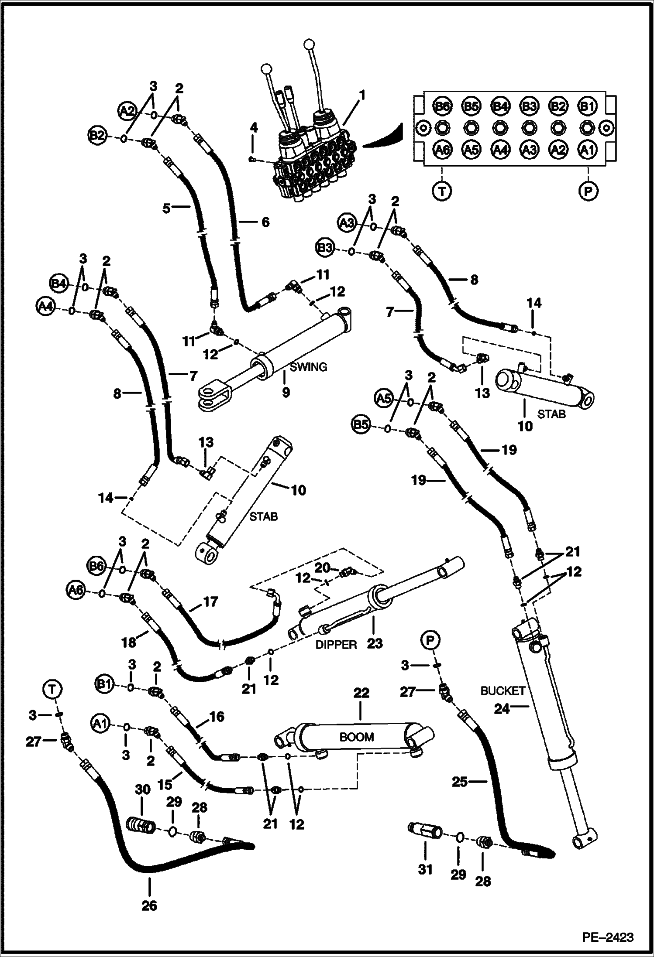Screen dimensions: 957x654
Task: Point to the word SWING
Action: [309, 367]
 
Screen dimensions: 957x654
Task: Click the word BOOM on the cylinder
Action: [357, 737]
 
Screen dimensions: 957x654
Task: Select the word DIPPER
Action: [336, 644]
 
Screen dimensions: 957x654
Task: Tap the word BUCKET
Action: [503, 690]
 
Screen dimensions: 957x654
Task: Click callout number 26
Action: [149, 906]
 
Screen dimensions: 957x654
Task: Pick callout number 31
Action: [425, 869]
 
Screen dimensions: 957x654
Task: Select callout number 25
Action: [459, 782]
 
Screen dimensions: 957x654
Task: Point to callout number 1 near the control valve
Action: [362, 95]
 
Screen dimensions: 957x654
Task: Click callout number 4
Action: [254, 127]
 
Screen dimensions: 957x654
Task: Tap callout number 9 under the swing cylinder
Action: [286, 393]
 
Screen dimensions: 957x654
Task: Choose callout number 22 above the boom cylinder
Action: [361, 693]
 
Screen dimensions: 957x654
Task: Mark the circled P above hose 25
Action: [430, 640]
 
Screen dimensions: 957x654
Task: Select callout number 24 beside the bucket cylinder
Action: [502, 709]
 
